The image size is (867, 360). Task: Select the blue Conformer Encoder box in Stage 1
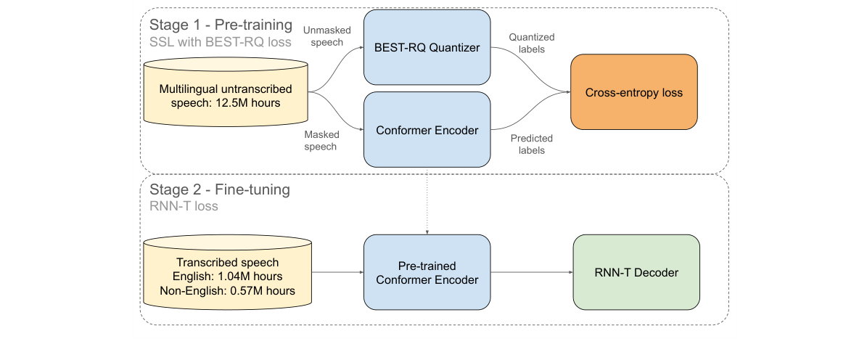coord(427,131)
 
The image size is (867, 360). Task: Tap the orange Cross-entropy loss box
coord(634,93)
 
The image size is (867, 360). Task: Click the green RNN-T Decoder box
coord(636,272)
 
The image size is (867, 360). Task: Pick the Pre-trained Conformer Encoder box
coord(427,272)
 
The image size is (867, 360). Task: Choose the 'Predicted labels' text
coord(532,144)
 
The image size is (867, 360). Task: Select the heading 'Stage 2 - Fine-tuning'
coord(219,190)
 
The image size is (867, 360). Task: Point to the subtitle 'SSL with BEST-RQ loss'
coord(220,42)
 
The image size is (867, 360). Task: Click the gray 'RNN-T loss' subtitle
coord(184,206)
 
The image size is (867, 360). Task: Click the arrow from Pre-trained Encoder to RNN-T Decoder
coord(531,272)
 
